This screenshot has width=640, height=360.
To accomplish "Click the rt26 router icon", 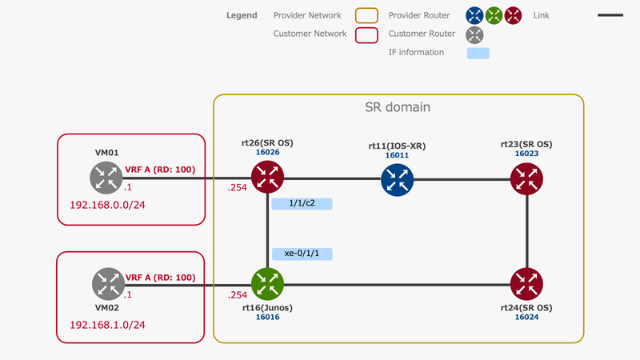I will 267,178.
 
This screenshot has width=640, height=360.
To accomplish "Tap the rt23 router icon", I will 526,178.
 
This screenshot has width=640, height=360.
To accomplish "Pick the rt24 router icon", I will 526,283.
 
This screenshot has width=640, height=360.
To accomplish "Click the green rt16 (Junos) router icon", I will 267,283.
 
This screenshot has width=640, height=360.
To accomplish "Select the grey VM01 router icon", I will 106,178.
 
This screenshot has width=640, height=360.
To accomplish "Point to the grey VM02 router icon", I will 106,283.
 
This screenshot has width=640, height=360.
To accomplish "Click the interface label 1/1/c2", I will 302,204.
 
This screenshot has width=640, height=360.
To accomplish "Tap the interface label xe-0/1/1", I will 302,254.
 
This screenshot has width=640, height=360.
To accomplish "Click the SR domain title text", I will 398,106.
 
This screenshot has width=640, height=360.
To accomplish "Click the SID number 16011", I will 397,155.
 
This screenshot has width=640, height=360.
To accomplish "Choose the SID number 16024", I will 526,317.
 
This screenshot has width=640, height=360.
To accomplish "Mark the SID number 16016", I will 267,317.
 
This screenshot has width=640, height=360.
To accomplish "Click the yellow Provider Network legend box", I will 366,15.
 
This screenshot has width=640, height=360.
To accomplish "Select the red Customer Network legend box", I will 366,34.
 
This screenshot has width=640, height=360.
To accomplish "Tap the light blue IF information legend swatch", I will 478,53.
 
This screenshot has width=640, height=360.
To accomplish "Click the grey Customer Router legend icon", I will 475,34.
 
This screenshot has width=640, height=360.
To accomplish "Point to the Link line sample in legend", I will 610,15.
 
